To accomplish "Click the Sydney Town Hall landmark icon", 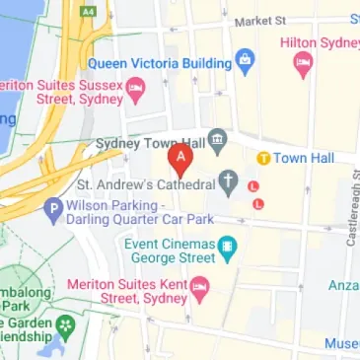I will pos(217,139).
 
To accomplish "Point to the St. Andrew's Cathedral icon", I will pos(229,182).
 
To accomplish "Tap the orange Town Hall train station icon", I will pos(263,158).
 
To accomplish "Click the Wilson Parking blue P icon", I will pos(53,208).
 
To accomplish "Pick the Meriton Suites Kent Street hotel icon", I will pos(200,291).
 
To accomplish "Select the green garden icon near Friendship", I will pos(65,324).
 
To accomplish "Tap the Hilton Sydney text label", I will pos(320,42).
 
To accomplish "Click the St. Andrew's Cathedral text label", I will pos(146,183).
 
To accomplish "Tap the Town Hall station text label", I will pos(304,158).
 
